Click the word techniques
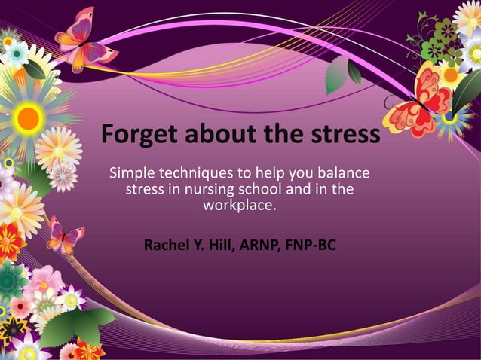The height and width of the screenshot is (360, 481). coord(198,174)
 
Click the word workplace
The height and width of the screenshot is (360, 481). coord(240,204)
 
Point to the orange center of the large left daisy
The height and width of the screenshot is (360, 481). coord(29,117)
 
